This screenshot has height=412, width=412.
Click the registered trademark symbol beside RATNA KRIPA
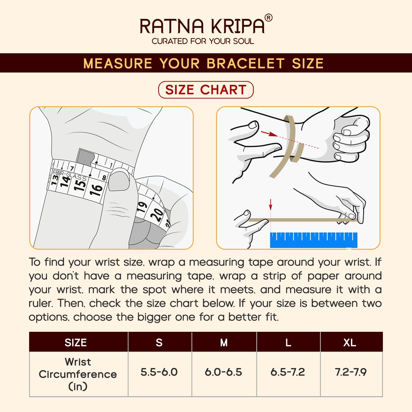click(x=268, y=18)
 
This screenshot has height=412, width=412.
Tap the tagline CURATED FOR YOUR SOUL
click(x=203, y=41)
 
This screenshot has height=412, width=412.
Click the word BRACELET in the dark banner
click(x=246, y=63)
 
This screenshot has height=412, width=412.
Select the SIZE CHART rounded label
click(x=206, y=90)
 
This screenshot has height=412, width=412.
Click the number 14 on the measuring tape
click(x=65, y=181)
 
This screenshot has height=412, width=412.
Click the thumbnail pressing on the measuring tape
click(x=119, y=181)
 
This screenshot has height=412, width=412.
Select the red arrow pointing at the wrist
click(x=269, y=134)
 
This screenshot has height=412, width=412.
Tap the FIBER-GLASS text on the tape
click(x=70, y=175)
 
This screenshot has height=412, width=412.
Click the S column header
click(x=159, y=343)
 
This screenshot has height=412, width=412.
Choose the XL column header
click(x=350, y=343)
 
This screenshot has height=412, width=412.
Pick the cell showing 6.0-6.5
click(x=224, y=372)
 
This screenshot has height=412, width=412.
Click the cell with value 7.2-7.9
click(x=351, y=372)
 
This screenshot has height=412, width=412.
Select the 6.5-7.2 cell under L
click(x=288, y=372)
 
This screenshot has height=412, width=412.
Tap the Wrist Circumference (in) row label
click(x=78, y=374)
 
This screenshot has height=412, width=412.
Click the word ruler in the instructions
click(x=41, y=303)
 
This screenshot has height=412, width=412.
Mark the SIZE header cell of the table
click(x=76, y=343)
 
